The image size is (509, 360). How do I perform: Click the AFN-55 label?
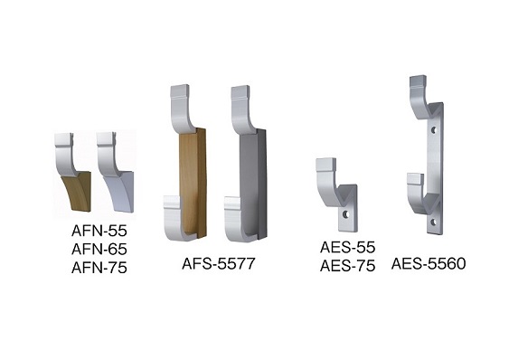[x=99, y=231]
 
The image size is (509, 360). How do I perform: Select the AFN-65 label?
[x=99, y=250]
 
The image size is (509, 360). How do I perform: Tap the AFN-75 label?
[x=99, y=268]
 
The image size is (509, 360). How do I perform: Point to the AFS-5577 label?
[x=219, y=263]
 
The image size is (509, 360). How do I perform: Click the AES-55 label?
[x=347, y=247]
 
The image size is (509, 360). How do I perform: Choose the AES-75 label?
[x=347, y=266]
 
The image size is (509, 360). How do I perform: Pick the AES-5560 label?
[x=429, y=263]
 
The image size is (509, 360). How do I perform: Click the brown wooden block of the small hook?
[x=78, y=192]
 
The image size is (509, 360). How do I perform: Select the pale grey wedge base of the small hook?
[x=122, y=192]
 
